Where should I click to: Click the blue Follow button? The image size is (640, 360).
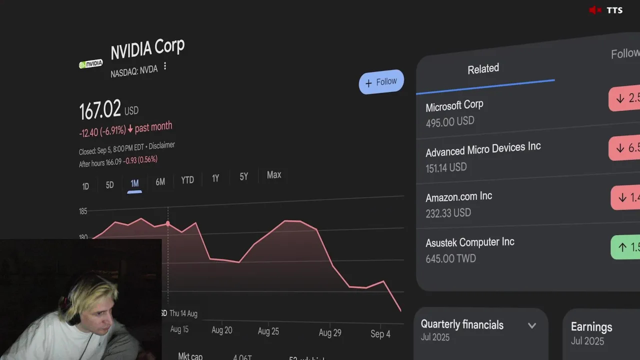pos(381,82)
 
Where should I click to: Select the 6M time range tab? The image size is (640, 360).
pos(160,182)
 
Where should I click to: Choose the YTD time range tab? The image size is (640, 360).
pos(187,180)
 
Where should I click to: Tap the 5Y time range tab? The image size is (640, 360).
pos(243,176)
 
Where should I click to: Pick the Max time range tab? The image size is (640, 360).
pos(274,175)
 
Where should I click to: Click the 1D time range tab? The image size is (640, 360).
pos(85,186)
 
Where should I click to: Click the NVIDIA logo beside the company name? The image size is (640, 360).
pos(90,64)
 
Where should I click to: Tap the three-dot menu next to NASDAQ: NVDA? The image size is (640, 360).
pos(165,66)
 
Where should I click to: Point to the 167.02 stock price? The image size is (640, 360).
pos(100,109)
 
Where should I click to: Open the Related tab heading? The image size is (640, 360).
pos(483,69)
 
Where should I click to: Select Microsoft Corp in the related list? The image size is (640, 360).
pos(454,106)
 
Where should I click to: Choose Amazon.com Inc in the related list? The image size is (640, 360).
pos(458,197)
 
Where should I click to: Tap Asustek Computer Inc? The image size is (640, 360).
pos(469,243)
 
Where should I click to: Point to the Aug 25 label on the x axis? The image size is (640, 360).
pos(268,331)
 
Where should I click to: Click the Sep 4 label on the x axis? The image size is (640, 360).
pos(380,334)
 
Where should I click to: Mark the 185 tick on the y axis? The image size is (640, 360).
pos(83,211)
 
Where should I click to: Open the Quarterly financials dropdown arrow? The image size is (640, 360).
pos(532,326)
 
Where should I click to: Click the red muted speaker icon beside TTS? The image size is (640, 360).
pos(594,10)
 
